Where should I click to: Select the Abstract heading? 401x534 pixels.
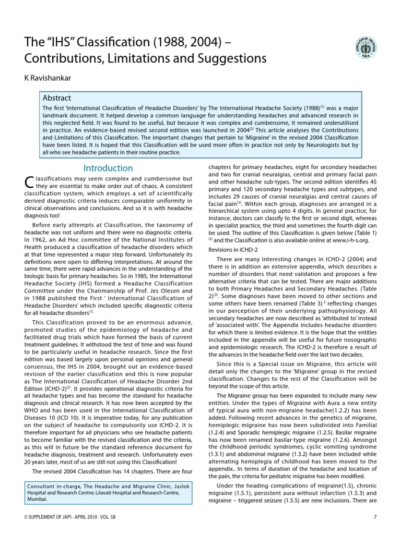(57, 98)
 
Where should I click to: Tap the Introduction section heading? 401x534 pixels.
(109, 168)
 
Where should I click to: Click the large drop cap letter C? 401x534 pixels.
(29, 183)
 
